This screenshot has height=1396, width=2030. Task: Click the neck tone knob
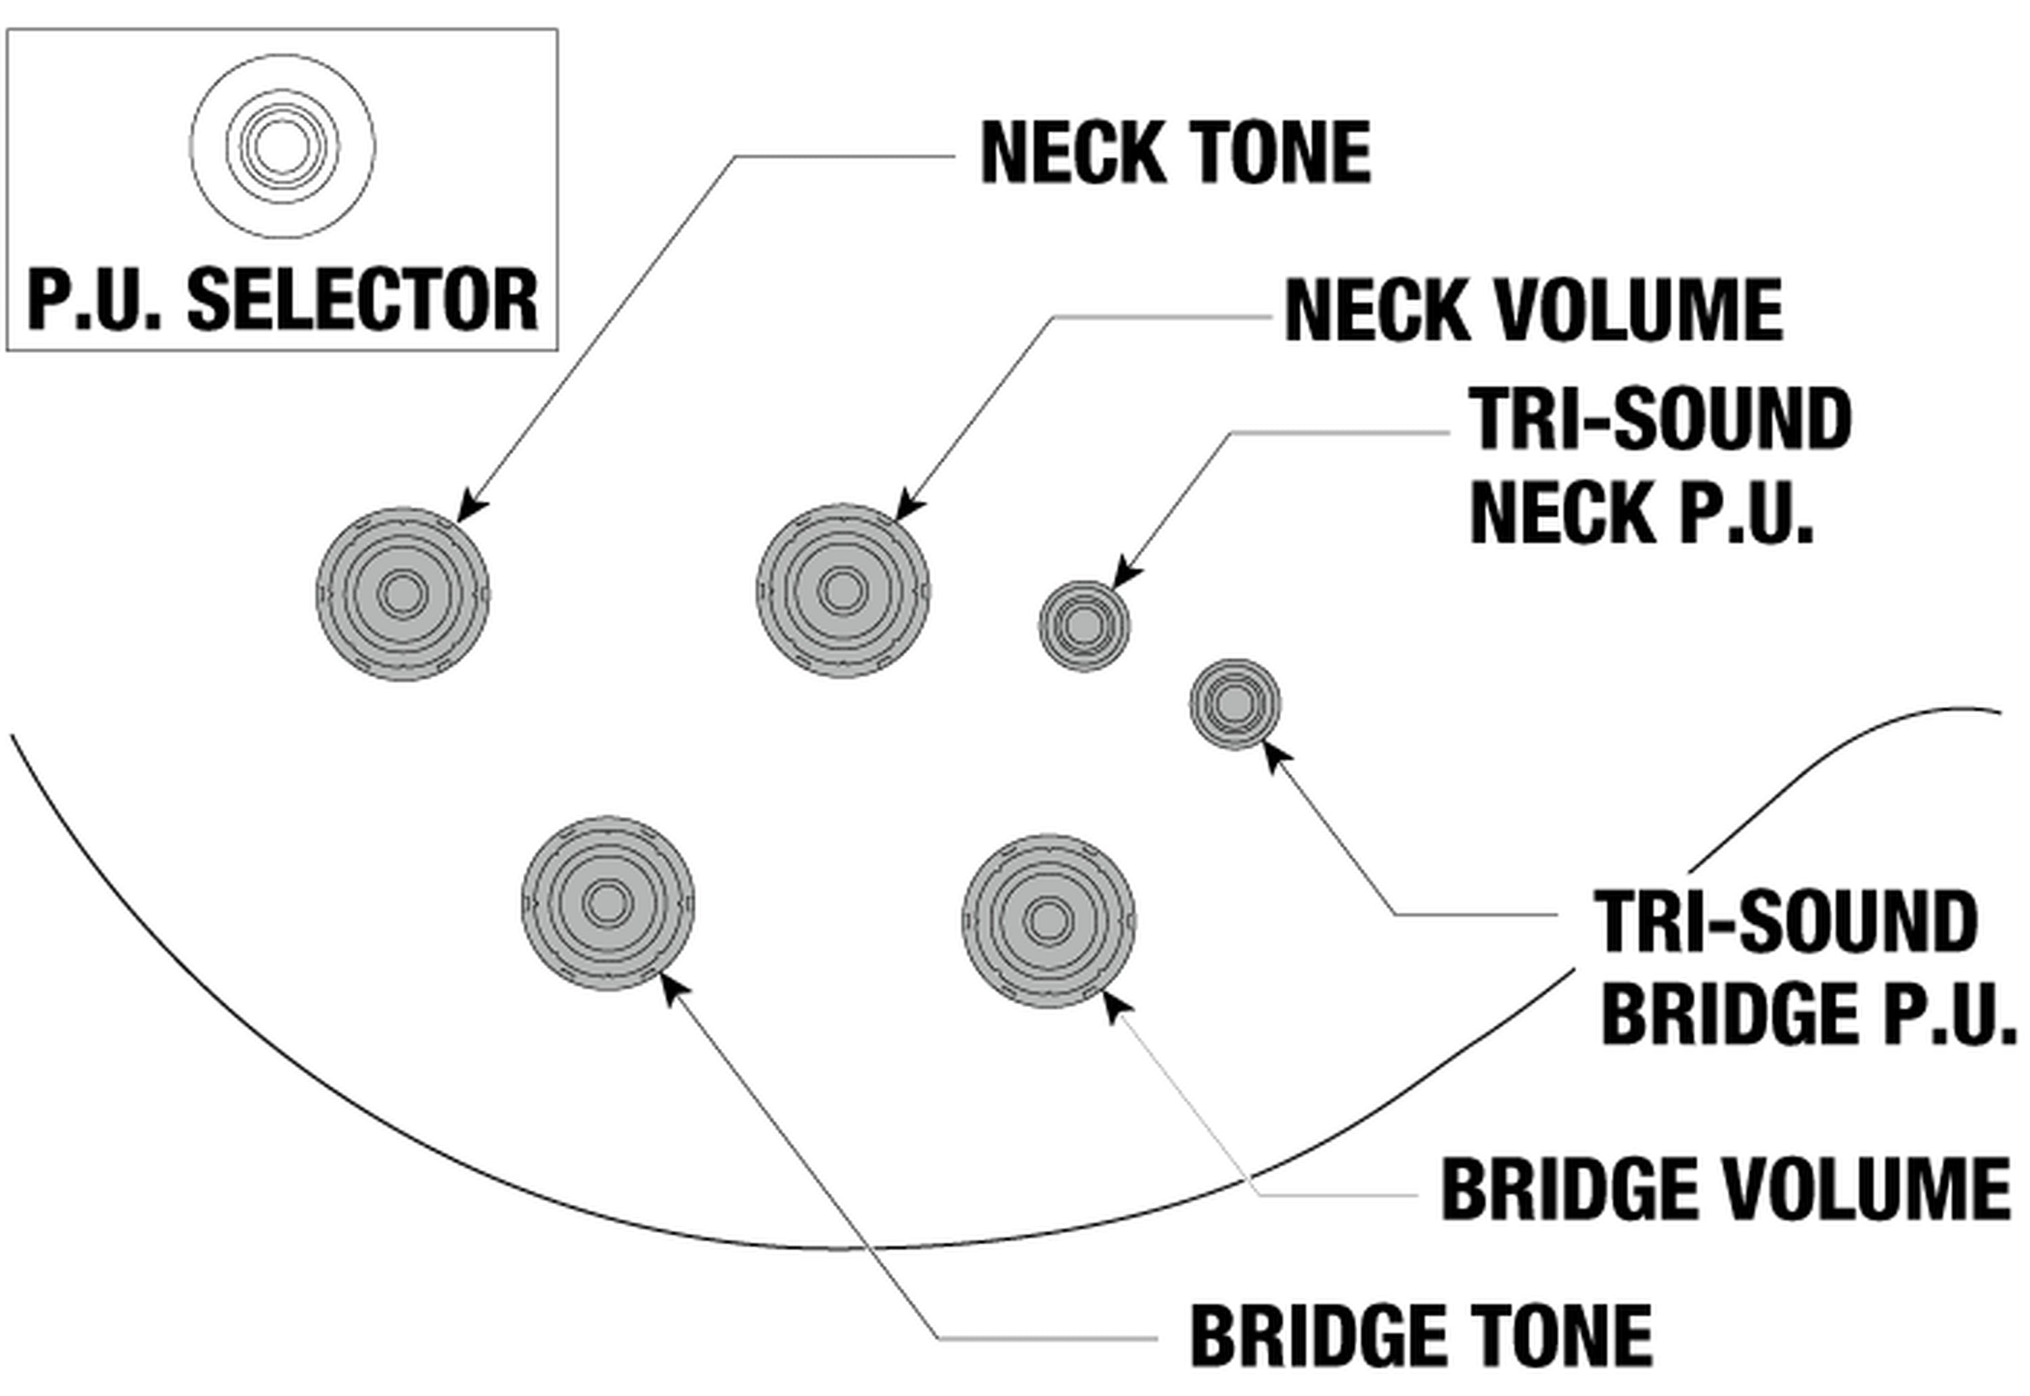click(403, 594)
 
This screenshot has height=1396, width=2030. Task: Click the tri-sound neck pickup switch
click(1084, 626)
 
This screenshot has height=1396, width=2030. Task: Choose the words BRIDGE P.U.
click(1808, 1013)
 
